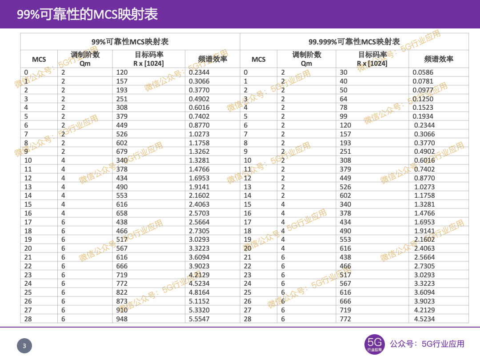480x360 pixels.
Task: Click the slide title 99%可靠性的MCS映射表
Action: [x=88, y=14]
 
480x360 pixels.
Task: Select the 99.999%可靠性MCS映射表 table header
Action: [x=354, y=42]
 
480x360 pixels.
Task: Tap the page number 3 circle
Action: [x=24, y=346]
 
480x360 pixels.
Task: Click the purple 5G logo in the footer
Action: [x=374, y=344]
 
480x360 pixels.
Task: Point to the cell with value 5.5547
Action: [x=199, y=319]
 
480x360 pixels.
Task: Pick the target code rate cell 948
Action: [x=122, y=319]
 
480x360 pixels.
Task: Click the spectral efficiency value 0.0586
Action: [x=423, y=72]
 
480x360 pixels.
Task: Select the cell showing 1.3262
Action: [x=199, y=152]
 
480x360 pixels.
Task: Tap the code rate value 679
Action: [x=122, y=152]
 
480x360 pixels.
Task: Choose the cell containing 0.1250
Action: [x=423, y=99]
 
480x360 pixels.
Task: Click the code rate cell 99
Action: [x=344, y=116]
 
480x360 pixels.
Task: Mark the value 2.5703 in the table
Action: [x=199, y=213]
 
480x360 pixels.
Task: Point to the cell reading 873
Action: [x=122, y=301]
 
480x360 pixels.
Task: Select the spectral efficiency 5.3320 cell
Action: [x=199, y=310]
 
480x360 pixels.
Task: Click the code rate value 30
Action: [x=344, y=72]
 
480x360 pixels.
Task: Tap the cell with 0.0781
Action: [x=423, y=81]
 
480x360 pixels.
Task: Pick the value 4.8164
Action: [x=199, y=292]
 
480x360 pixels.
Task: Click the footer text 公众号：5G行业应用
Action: [x=427, y=344]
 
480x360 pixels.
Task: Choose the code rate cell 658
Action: [x=122, y=213]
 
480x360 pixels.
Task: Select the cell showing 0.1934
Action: [x=423, y=116]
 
